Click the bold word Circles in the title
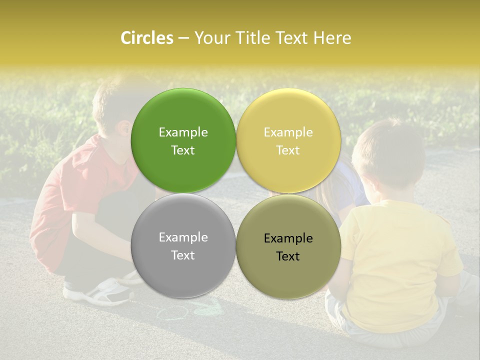[x=147, y=38]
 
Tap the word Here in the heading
[x=332, y=38]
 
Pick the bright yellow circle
[x=288, y=115]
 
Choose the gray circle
[x=183, y=270]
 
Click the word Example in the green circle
[x=183, y=132]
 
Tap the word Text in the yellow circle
[x=288, y=150]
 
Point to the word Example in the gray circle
[x=183, y=237]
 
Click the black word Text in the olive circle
[x=288, y=256]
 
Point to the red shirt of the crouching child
[x=75, y=195]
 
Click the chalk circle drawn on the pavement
[x=172, y=313]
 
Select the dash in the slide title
[x=183, y=38]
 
